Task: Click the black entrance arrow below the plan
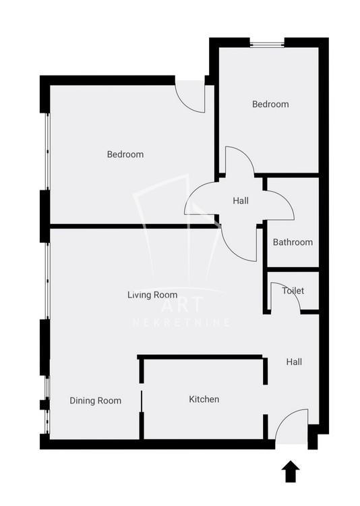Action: [291, 472]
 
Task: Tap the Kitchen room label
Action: [204, 399]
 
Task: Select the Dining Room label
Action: [96, 401]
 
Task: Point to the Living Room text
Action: [152, 295]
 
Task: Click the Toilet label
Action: [293, 291]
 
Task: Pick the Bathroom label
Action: [293, 242]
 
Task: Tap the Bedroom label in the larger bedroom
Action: [125, 154]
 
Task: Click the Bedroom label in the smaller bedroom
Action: [270, 104]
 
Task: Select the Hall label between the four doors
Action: [241, 201]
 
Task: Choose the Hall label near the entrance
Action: [294, 362]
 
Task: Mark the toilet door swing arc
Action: [292, 290]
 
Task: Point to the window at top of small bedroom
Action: [267, 43]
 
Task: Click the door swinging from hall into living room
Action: [231, 249]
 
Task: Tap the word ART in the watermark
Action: [182, 304]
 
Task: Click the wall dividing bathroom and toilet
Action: [293, 269]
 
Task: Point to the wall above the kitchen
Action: [200, 357]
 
